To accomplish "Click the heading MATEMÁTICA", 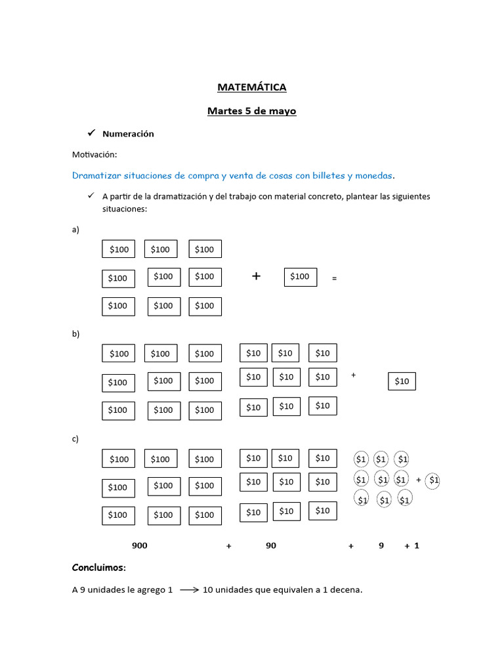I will [251, 87].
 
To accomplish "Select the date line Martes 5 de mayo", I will [251, 112].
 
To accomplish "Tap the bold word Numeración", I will [128, 134].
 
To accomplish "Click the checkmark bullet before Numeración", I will [92, 133].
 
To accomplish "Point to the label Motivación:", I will [94, 155].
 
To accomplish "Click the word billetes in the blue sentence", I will [326, 176].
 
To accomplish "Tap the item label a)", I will [75, 230].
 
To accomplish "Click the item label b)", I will [75, 334].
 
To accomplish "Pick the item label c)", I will [75, 439].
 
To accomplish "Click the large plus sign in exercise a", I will [256, 276].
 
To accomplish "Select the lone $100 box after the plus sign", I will [300, 277].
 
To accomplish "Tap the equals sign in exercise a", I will [334, 279].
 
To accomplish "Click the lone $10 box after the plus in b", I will [402, 381].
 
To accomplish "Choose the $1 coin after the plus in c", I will [433, 480].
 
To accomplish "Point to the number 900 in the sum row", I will [139, 546].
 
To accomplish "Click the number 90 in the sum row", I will [271, 546].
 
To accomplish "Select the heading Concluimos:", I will [98, 568].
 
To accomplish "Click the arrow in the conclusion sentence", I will [189, 590].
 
